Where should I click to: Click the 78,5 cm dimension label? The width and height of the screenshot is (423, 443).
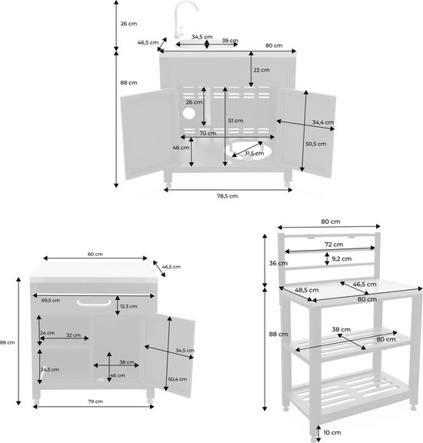[227, 196]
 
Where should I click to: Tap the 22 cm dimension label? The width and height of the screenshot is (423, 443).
[261, 70]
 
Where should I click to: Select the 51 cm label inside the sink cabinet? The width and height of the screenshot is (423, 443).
[235, 121]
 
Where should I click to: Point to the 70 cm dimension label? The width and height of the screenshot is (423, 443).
[208, 133]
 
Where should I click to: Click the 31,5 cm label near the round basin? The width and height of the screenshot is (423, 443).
[254, 153]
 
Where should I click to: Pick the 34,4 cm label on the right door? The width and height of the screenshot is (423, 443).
[323, 122]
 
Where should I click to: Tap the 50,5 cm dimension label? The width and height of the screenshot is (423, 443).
[316, 144]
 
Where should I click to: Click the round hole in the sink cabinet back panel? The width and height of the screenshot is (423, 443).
[188, 113]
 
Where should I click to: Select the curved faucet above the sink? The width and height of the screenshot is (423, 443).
[183, 19]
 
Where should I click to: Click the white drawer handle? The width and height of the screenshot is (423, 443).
[94, 303]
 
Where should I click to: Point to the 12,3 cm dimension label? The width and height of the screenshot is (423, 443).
[128, 306]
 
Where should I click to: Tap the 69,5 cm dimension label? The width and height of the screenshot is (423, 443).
[51, 301]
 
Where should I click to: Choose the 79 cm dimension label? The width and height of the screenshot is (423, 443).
[95, 401]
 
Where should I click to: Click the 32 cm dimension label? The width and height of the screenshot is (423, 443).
[73, 335]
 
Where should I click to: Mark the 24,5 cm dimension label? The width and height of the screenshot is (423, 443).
[50, 369]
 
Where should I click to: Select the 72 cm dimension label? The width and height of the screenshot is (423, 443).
[334, 245]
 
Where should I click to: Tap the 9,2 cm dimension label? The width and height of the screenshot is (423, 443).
[341, 258]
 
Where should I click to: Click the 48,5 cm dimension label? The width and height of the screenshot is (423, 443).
[307, 290]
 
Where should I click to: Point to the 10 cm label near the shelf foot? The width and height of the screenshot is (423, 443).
[332, 432]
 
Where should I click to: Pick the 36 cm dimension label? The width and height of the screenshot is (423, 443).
[278, 263]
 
